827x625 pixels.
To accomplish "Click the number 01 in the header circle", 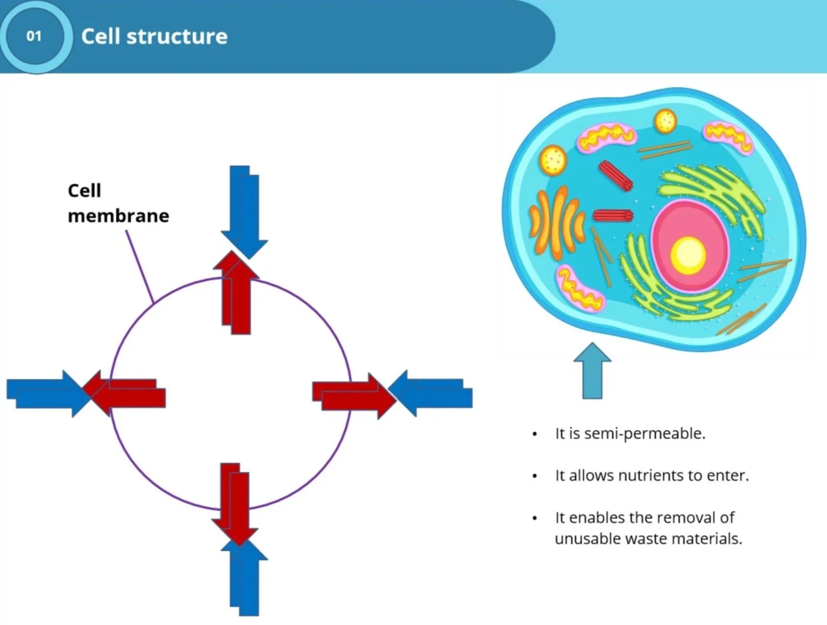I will pyautogui.click(x=34, y=36).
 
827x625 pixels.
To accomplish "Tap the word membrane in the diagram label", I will pyautogui.click(x=118, y=216).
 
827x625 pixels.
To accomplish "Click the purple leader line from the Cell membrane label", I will pyautogui.click(x=139, y=266).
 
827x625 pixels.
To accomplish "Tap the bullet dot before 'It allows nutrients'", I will pyautogui.click(x=535, y=476).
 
